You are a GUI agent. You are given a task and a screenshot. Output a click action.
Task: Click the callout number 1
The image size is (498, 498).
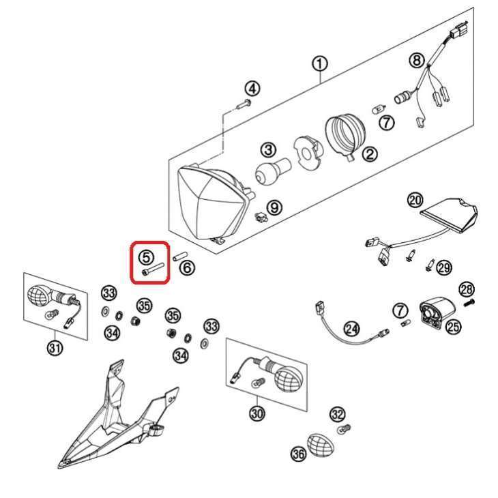(320, 64)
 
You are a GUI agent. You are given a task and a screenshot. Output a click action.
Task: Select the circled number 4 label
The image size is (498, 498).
(252, 89)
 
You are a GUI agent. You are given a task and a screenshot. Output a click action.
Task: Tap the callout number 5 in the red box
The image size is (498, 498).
(147, 257)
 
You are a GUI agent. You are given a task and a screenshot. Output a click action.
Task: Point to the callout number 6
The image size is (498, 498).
(187, 267)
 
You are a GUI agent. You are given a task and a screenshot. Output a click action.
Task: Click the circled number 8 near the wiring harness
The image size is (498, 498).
(417, 60)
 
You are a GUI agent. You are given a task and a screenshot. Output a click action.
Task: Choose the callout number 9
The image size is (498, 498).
(274, 207)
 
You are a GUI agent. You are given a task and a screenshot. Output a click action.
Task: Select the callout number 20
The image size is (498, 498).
(415, 201)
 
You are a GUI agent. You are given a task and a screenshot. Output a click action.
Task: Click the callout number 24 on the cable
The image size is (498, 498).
(352, 329)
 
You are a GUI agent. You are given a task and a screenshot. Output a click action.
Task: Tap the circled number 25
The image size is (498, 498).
(453, 326)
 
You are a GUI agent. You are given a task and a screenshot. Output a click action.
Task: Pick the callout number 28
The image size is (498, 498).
(467, 289)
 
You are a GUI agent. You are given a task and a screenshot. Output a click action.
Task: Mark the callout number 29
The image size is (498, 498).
(444, 267)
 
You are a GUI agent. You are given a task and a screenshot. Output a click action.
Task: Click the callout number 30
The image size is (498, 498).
(257, 413)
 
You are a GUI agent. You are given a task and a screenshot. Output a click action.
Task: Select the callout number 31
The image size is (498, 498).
(55, 348)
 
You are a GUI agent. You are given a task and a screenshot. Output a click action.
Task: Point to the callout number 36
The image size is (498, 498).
(299, 454)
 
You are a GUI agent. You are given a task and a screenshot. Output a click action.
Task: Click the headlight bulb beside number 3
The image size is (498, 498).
(272, 171)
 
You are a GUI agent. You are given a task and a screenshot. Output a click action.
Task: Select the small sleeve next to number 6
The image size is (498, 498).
(181, 256)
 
